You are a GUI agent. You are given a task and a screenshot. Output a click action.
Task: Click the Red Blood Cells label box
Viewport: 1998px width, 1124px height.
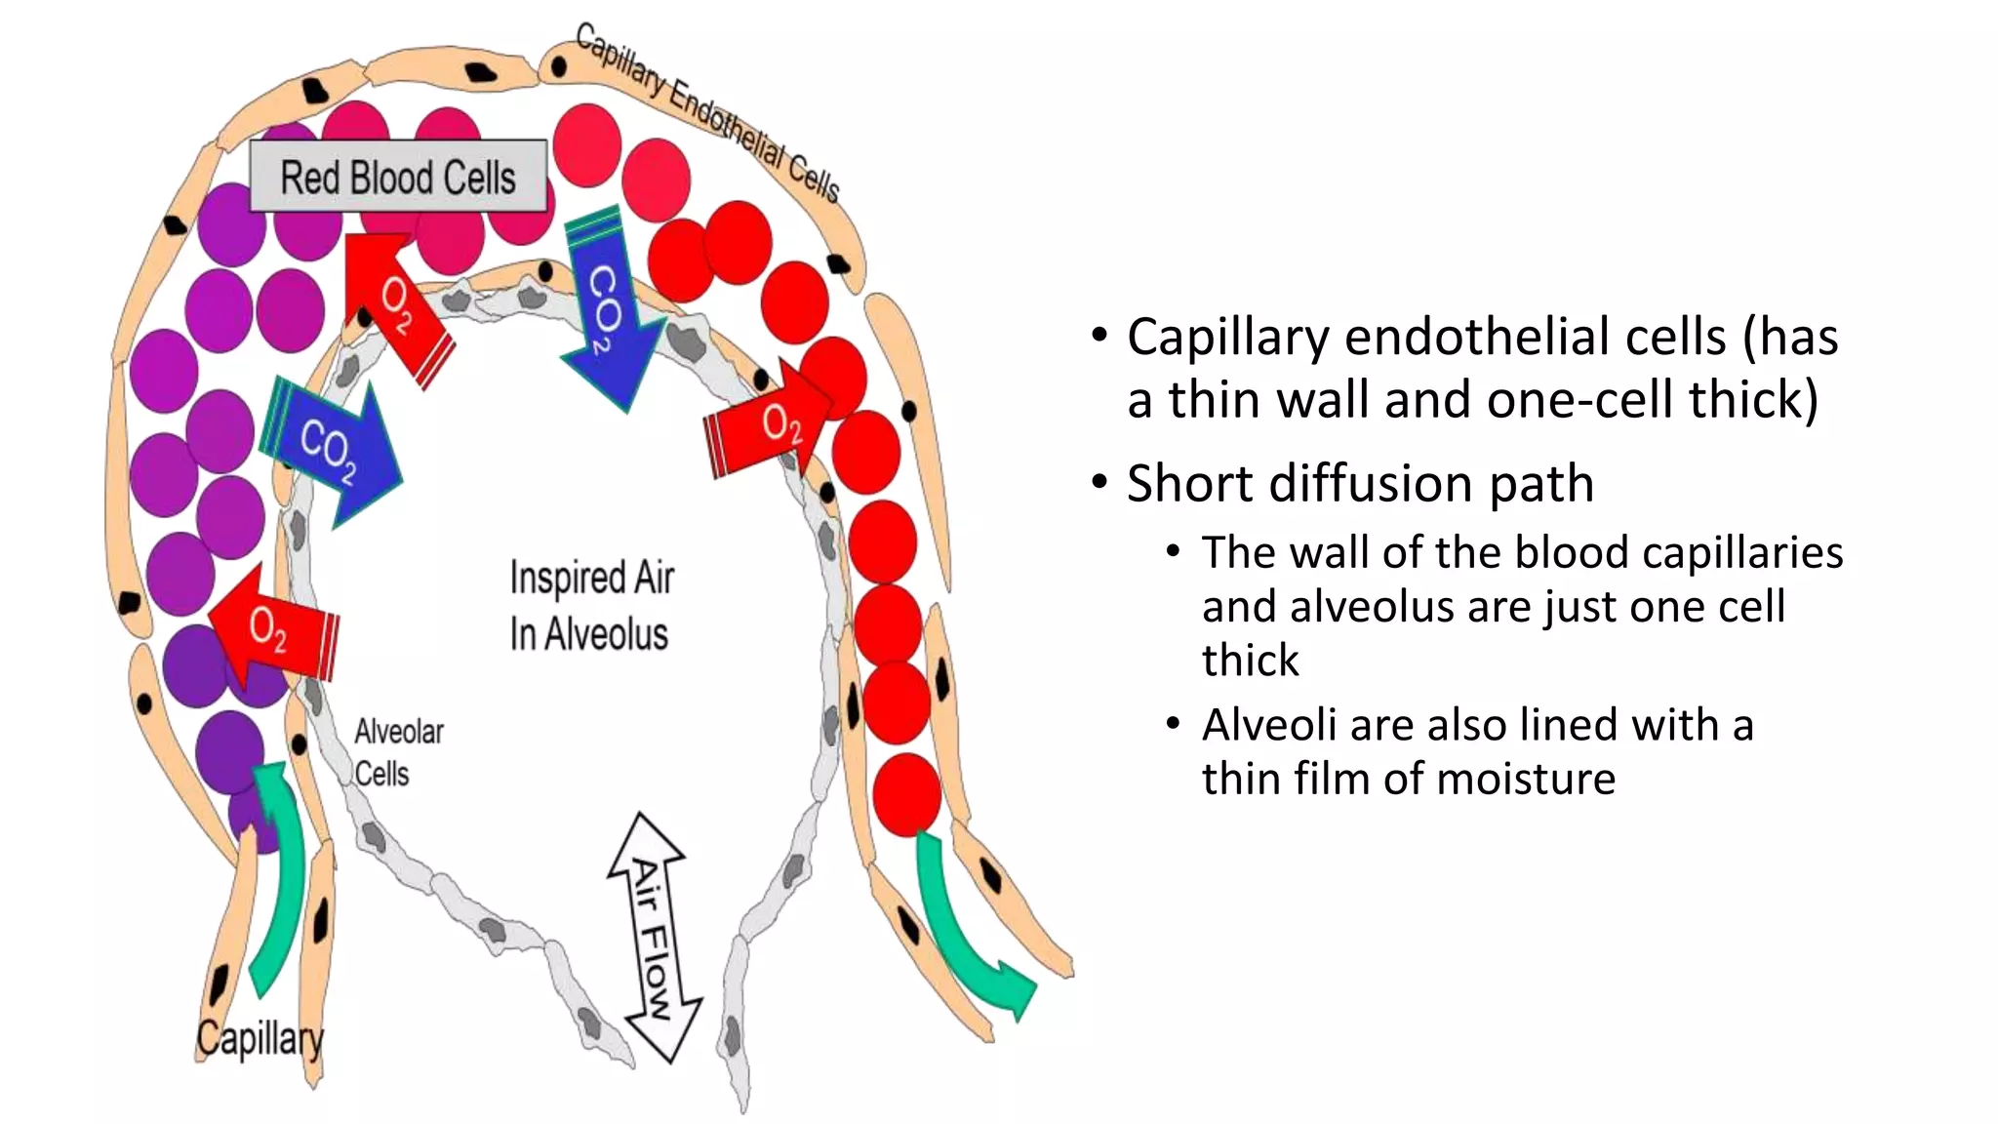398,177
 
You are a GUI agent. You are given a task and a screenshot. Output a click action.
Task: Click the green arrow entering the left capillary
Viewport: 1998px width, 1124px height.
280,878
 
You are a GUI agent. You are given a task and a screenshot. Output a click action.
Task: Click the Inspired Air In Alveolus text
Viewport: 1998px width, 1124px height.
590,605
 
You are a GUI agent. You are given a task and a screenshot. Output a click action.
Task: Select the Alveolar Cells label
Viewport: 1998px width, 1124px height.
397,751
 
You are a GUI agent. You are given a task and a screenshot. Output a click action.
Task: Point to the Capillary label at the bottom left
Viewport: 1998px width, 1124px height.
260,1038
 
